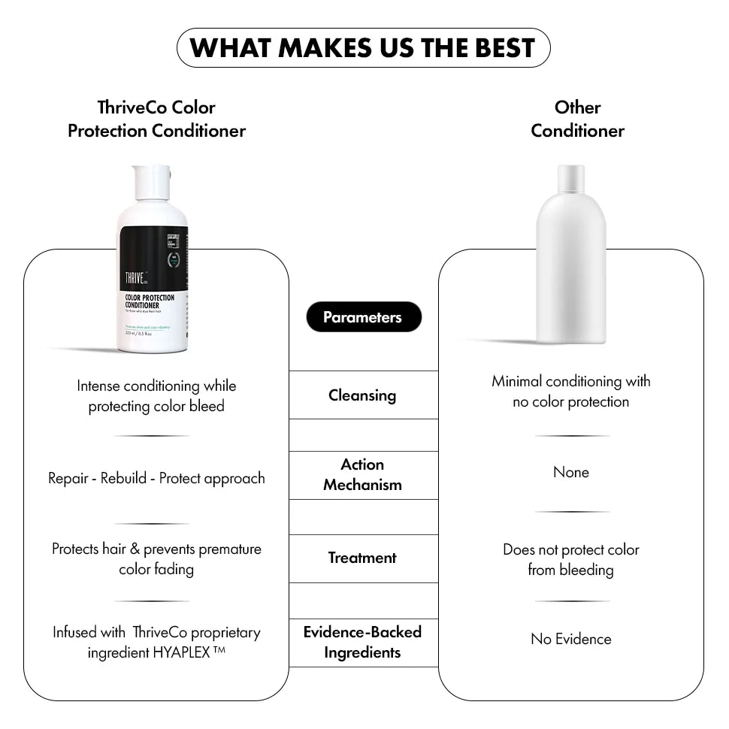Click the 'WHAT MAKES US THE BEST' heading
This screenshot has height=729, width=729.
tap(363, 48)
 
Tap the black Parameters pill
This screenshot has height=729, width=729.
tap(363, 317)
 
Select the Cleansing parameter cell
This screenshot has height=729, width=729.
tap(363, 395)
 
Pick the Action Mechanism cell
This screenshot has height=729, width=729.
tap(363, 475)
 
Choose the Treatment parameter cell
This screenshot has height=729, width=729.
tap(363, 558)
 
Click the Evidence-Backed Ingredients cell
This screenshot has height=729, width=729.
tap(363, 642)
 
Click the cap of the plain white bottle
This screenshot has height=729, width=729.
tap(570, 179)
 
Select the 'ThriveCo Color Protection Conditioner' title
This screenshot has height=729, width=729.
tap(156, 119)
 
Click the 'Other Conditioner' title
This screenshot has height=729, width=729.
tap(577, 119)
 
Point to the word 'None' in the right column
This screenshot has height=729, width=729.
tap(571, 473)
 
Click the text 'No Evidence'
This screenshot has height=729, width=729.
tap(571, 640)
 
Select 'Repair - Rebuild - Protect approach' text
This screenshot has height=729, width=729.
tap(156, 479)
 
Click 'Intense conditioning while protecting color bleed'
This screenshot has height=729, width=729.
tap(156, 396)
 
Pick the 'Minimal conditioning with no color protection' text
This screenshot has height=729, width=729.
tap(571, 392)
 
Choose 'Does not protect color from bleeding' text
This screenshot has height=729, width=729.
tap(571, 560)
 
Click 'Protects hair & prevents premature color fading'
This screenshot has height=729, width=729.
tap(156, 559)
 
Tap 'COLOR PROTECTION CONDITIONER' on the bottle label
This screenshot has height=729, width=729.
tap(150, 301)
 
